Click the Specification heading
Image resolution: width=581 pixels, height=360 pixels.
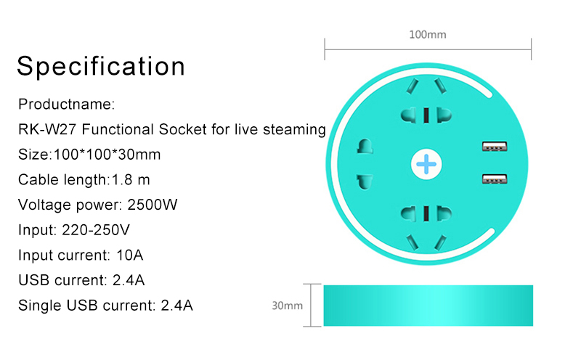click(x=101, y=67)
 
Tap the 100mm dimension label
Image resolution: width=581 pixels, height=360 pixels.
click(x=428, y=35)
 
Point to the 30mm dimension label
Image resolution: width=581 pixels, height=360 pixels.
click(x=287, y=306)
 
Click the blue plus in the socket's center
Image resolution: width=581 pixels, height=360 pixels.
click(x=426, y=164)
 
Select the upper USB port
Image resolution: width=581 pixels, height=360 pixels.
click(x=495, y=147)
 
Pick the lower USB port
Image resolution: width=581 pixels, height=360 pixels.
click(x=495, y=179)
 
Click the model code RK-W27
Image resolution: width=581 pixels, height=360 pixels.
click(x=47, y=129)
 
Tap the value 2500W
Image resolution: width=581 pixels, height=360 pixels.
click(x=153, y=205)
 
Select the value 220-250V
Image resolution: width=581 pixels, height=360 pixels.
click(x=96, y=229)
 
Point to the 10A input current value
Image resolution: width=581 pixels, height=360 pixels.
click(x=130, y=255)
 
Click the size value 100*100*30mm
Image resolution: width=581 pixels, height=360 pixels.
click(x=107, y=155)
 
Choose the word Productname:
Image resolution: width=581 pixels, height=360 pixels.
click(x=67, y=104)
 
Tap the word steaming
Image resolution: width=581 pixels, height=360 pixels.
click(x=294, y=130)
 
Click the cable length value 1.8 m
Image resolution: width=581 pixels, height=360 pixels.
click(x=131, y=179)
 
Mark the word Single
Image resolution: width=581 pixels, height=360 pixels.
click(x=40, y=306)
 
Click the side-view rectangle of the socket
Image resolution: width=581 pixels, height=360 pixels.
click(x=428, y=306)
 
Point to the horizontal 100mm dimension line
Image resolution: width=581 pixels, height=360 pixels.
click(x=428, y=49)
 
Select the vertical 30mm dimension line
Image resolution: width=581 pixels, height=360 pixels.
click(x=311, y=305)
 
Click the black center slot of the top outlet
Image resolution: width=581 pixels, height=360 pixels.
click(x=426, y=115)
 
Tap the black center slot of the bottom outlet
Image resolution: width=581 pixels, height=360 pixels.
click(x=426, y=213)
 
